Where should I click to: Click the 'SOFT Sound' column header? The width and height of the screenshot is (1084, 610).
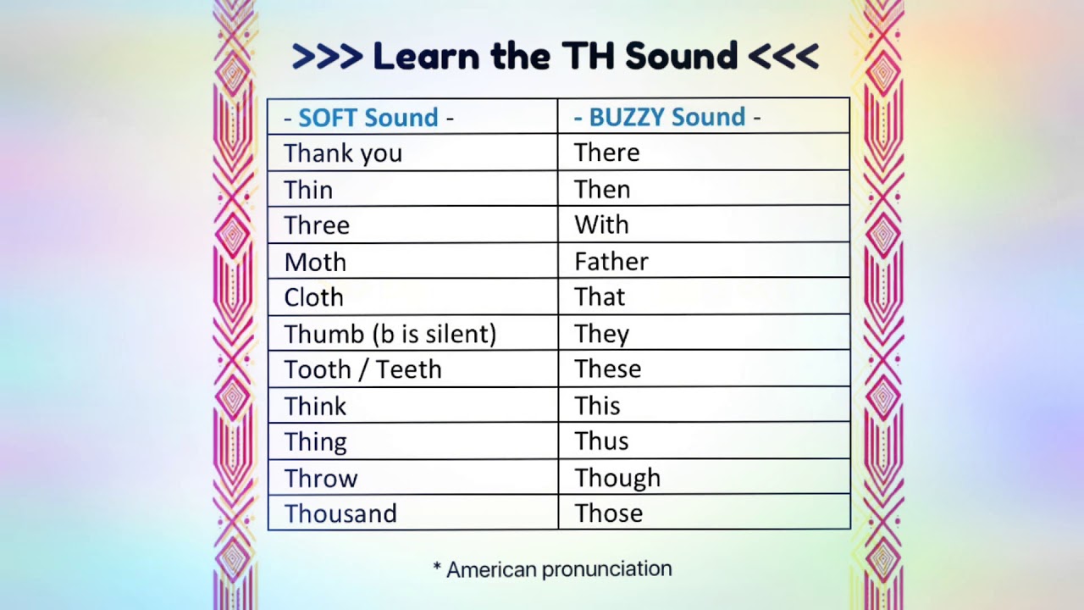click(x=368, y=117)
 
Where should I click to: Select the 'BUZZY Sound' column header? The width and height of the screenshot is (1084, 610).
click(x=667, y=117)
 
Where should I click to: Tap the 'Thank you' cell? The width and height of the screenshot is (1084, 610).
click(x=343, y=153)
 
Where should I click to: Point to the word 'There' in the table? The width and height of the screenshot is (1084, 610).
click(x=607, y=152)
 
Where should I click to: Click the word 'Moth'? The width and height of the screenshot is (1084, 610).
click(x=315, y=262)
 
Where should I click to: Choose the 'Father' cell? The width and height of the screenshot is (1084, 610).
click(x=611, y=261)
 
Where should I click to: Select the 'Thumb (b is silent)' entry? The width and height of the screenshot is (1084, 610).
click(x=390, y=334)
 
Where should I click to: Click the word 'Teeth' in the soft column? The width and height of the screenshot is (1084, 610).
click(x=409, y=369)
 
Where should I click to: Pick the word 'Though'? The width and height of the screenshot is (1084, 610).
click(x=617, y=478)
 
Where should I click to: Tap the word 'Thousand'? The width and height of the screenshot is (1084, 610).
click(x=340, y=513)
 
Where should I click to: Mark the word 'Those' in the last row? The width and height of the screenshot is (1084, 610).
click(x=609, y=513)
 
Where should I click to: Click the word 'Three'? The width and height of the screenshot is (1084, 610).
click(x=317, y=225)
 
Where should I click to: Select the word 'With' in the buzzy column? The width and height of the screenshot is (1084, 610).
click(x=601, y=225)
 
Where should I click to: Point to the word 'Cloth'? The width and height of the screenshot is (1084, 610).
click(x=314, y=297)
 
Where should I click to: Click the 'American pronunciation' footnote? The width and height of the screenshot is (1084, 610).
click(x=552, y=569)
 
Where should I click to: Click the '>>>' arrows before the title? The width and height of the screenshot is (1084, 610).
click(x=327, y=57)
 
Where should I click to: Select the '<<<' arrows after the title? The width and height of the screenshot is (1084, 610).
click(x=783, y=57)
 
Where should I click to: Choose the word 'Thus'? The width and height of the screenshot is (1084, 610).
click(x=601, y=441)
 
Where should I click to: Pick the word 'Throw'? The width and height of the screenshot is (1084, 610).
click(x=321, y=478)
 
